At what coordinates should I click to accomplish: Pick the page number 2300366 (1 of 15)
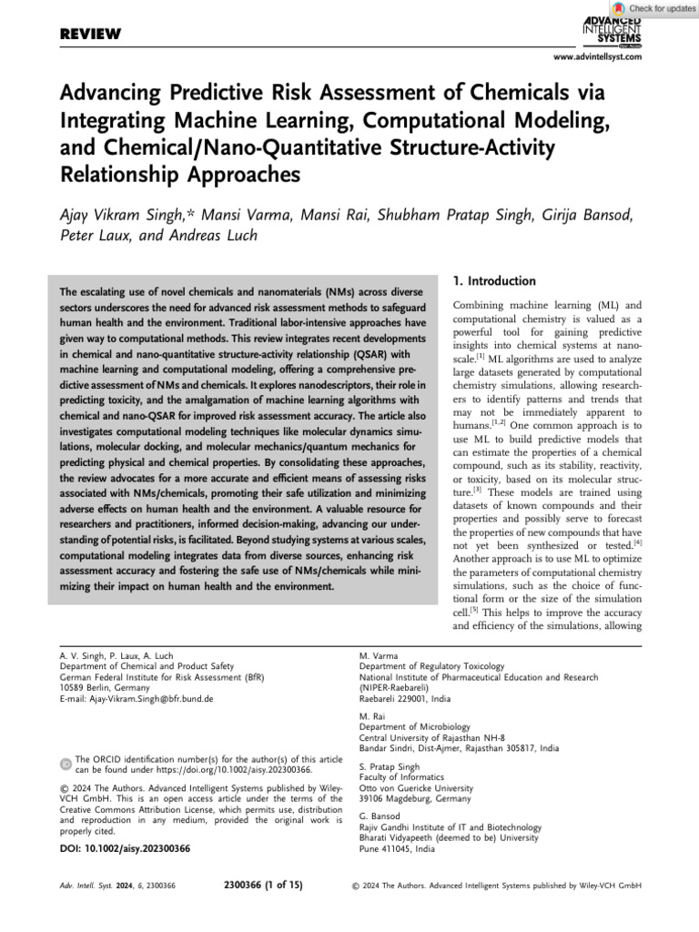[263, 885]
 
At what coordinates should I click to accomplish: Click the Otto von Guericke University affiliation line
[416, 788]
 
